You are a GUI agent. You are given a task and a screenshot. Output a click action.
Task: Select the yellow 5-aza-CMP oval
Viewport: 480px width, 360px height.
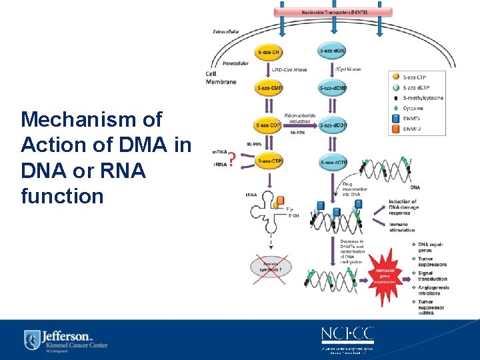point(269,88)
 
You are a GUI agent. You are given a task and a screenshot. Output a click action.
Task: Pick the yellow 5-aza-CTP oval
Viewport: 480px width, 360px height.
point(269,161)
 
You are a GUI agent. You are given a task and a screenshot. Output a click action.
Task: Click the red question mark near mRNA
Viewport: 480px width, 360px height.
point(231,159)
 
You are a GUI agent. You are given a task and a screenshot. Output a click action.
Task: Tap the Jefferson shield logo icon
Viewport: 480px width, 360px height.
point(31,339)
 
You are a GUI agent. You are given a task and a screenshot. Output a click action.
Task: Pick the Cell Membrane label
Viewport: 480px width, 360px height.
point(221,78)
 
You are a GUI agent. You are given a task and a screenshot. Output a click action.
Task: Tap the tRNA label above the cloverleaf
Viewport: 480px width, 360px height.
point(251,195)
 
